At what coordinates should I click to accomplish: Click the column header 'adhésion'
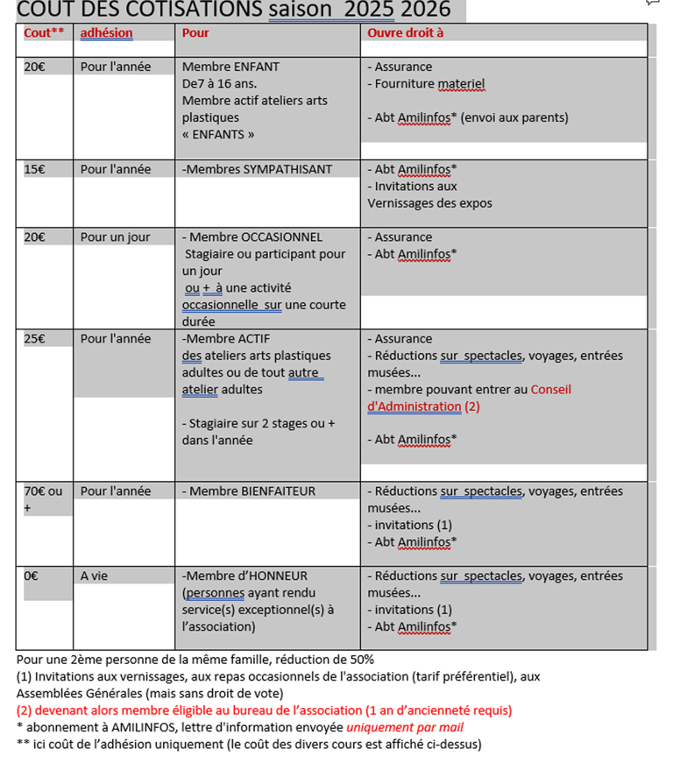point(106,33)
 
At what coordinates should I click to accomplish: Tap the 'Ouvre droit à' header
point(406,33)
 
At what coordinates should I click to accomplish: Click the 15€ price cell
point(35,169)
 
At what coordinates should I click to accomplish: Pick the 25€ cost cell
point(35,338)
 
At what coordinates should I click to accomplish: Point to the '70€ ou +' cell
point(42,498)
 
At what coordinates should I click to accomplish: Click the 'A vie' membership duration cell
point(94,576)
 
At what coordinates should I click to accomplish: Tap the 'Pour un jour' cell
point(115,237)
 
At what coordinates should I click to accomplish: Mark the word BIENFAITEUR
point(273,491)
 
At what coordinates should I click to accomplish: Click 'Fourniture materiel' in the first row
point(429,84)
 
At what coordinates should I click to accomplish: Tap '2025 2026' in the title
point(411,10)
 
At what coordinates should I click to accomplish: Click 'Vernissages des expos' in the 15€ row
point(429,203)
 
